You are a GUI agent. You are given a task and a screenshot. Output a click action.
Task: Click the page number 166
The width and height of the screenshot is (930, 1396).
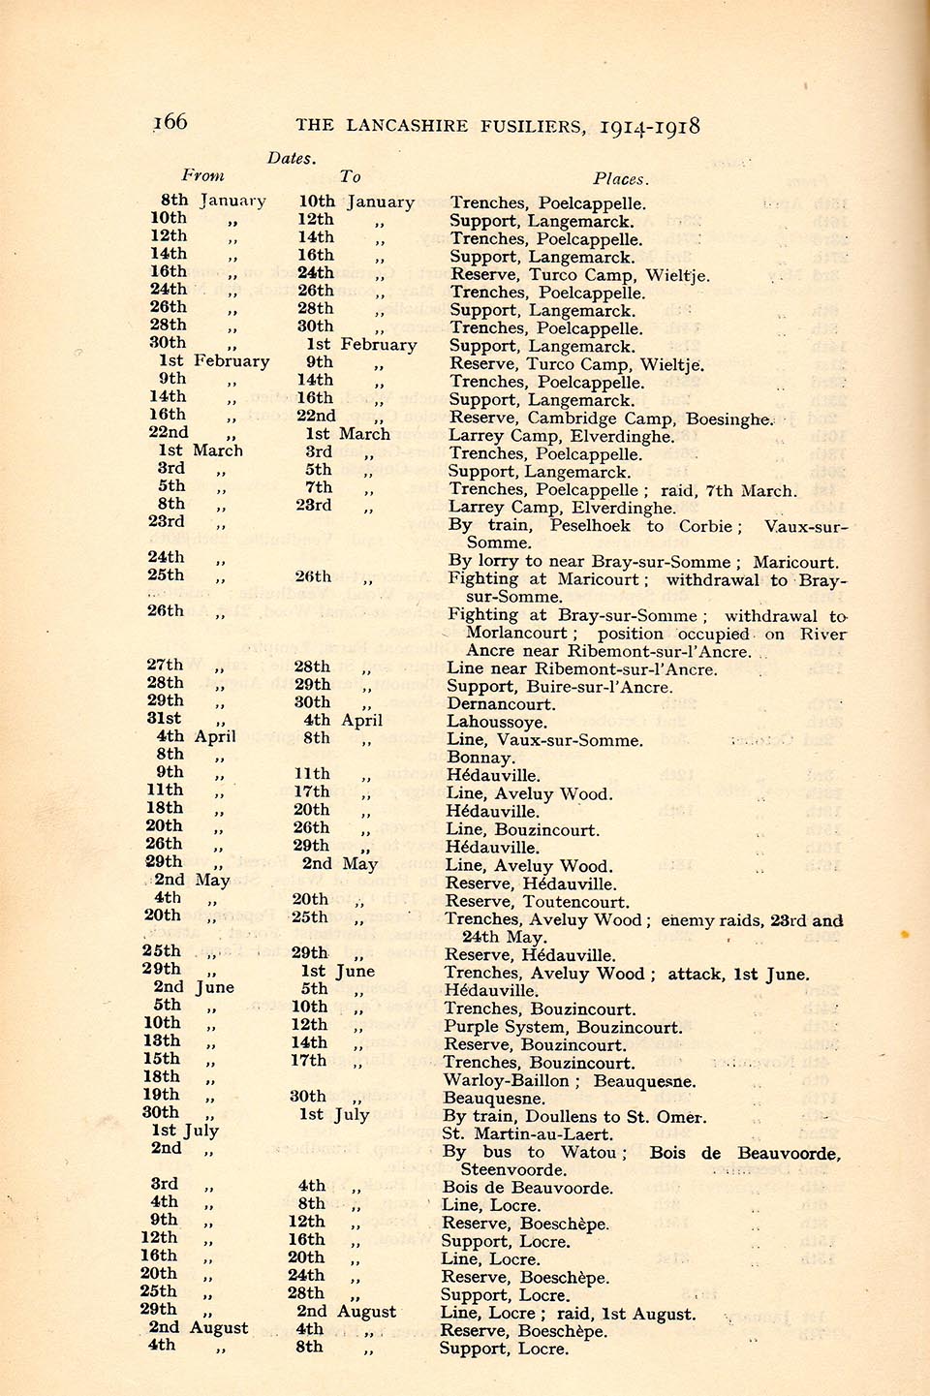(x=170, y=122)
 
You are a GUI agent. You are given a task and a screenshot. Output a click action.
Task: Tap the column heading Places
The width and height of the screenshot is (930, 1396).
(x=621, y=179)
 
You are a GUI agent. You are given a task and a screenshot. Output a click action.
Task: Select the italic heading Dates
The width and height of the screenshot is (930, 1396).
(x=292, y=158)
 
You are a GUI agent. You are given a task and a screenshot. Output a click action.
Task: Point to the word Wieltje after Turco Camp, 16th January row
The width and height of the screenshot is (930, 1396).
(x=677, y=275)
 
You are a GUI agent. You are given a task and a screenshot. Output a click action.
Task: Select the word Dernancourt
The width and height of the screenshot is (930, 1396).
(x=501, y=704)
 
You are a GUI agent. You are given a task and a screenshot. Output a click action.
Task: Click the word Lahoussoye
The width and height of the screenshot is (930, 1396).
(x=496, y=722)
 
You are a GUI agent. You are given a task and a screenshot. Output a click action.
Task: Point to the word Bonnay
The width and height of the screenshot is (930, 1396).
(x=479, y=758)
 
